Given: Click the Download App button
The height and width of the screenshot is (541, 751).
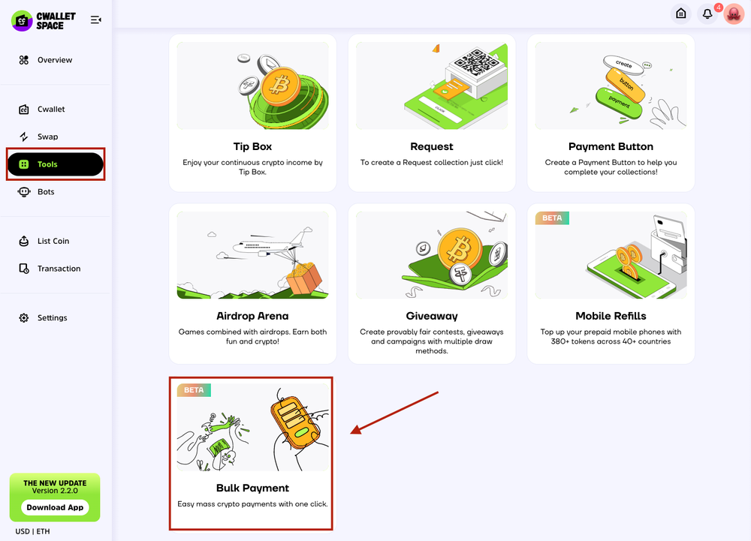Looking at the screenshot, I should [x=55, y=507].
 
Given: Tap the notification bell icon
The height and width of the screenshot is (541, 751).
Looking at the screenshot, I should [x=707, y=14].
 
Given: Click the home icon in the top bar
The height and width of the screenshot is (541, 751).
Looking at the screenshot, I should [x=680, y=14].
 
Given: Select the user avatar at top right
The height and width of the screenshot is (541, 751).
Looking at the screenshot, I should [x=733, y=14].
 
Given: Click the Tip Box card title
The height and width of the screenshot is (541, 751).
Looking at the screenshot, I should [x=252, y=146].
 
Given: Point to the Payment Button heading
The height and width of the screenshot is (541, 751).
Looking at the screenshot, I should [x=611, y=146].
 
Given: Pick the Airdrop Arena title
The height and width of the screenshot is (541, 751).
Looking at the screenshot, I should [x=252, y=316].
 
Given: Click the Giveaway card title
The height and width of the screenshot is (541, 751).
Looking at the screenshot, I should [x=432, y=316].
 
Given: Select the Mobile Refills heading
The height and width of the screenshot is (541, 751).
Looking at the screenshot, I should [x=611, y=316].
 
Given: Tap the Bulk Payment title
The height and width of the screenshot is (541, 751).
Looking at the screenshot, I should [x=252, y=488].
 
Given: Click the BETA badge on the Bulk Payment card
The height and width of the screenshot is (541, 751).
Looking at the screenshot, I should [x=194, y=390].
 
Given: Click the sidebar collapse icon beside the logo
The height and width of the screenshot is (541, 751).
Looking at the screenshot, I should [x=96, y=20].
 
